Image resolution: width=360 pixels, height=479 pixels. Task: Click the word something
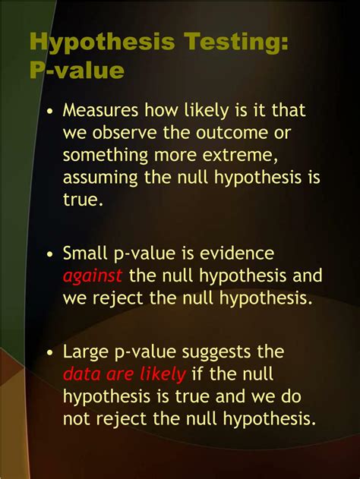(x=106, y=156)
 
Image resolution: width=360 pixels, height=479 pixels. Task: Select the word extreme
(x=239, y=156)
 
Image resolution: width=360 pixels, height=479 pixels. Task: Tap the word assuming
(x=99, y=178)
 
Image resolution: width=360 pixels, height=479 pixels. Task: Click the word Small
(x=85, y=253)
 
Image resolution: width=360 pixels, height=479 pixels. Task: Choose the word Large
(x=86, y=351)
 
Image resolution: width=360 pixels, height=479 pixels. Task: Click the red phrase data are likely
(x=123, y=373)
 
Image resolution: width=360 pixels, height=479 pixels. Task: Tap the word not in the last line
(x=76, y=418)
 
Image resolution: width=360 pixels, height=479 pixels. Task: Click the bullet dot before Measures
(x=50, y=111)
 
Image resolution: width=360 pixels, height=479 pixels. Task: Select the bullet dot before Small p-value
(x=50, y=254)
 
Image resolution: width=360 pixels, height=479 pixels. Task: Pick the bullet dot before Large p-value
(x=50, y=352)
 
